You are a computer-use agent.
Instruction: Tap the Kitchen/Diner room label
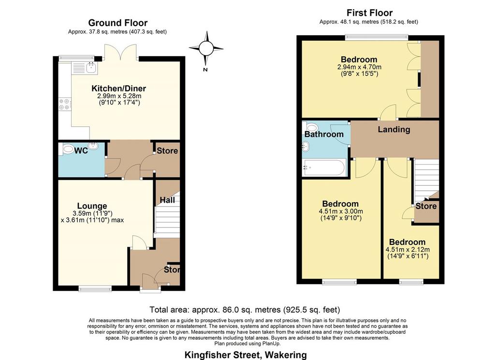point(119,88)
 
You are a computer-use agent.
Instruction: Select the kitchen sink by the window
point(85,68)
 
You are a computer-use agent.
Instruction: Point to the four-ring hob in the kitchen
point(65,105)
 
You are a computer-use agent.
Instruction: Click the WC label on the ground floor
point(81,151)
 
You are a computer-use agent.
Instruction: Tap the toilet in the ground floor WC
point(68,149)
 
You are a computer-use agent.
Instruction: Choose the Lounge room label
point(92,206)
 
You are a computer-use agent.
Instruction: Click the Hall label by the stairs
point(167,200)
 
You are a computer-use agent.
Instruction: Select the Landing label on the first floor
point(394,129)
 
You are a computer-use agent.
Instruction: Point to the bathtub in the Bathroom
point(324,167)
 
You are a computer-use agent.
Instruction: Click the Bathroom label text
point(324,135)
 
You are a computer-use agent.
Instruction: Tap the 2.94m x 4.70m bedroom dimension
point(359,67)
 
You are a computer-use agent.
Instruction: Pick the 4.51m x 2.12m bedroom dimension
point(408,249)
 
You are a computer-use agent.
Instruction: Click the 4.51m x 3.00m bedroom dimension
point(341,211)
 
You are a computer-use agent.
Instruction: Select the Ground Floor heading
point(118,23)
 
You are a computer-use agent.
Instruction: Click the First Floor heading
point(370,13)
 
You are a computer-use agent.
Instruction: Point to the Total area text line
point(245,309)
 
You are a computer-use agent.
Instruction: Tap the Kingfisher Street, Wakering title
point(246,355)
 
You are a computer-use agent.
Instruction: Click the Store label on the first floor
point(426,206)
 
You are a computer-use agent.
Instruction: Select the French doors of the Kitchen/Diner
point(121,52)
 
